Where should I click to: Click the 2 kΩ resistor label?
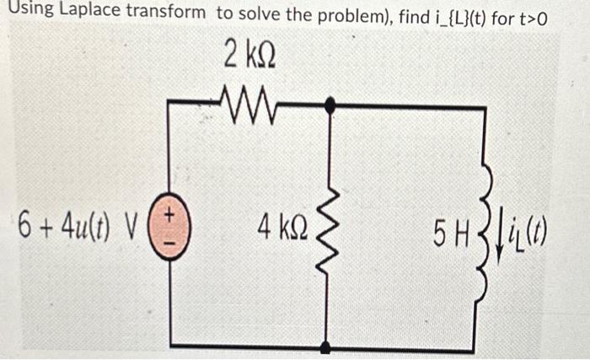(250, 55)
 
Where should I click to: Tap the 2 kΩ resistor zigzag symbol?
(250, 103)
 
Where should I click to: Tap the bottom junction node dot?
(327, 347)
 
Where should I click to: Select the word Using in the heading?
(28, 13)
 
